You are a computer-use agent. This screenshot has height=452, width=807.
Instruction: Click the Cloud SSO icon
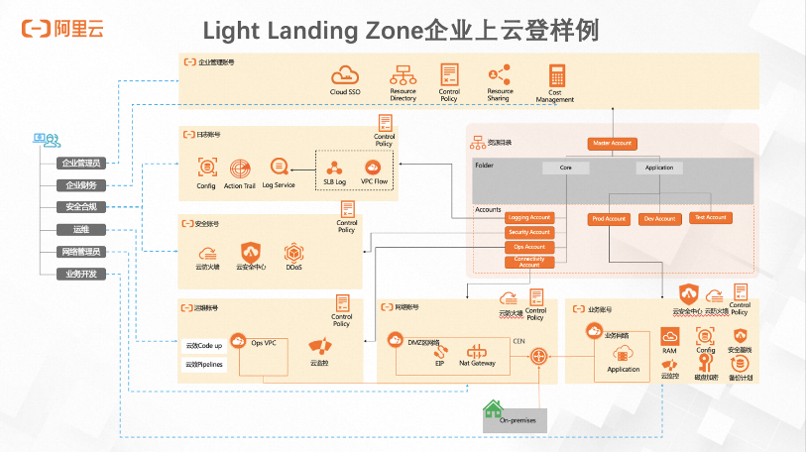click(345, 75)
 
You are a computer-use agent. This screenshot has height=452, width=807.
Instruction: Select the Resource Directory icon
click(403, 75)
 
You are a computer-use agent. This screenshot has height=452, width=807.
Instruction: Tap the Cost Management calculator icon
click(556, 75)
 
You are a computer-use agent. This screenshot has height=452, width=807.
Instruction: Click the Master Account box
click(612, 144)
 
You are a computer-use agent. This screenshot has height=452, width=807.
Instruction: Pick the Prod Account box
click(609, 219)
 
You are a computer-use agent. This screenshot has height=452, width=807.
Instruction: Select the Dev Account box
click(659, 219)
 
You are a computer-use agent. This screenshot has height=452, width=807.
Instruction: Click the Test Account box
click(710, 218)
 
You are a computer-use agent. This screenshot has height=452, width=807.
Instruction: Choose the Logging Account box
click(528, 218)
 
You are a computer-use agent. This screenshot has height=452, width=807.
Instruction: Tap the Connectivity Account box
click(528, 263)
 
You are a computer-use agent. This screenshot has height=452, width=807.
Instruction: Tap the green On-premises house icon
click(492, 408)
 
